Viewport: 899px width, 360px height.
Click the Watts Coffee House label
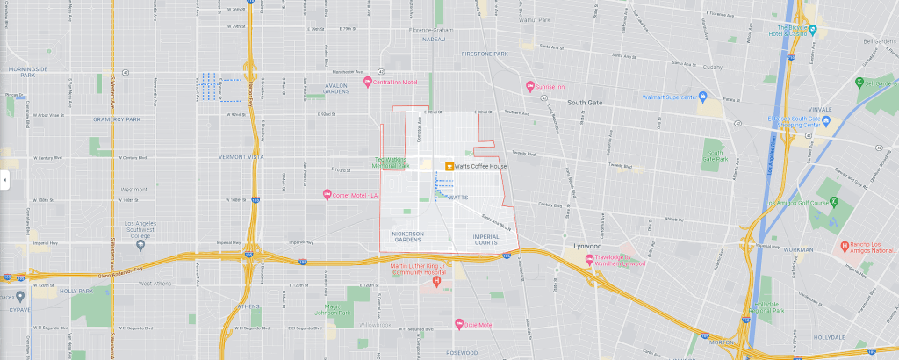coord(482,167)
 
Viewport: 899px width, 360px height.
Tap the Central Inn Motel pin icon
coord(369,83)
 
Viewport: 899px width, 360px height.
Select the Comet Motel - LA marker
coord(327,194)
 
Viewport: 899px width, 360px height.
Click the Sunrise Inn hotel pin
coord(530,86)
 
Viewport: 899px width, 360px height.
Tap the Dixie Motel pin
coord(458,325)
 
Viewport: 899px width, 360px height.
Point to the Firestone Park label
coord(488,54)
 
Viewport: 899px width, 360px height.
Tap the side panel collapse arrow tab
coord(4,180)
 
